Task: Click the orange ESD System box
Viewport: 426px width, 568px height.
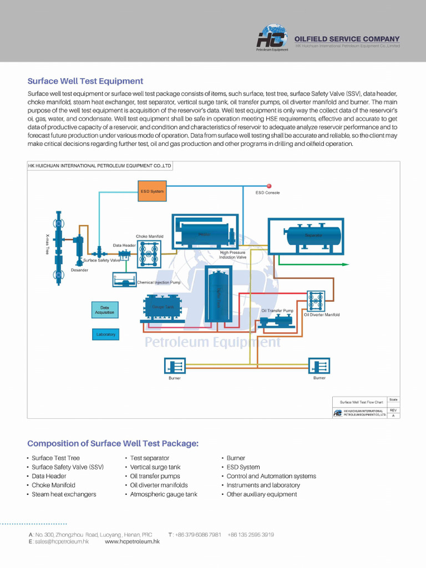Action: [x=152, y=191]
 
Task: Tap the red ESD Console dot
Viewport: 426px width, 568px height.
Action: [x=269, y=186]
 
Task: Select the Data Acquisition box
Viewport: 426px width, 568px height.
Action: [x=105, y=310]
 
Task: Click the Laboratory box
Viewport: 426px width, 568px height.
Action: [x=105, y=334]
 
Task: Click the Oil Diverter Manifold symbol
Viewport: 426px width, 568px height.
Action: [x=316, y=301]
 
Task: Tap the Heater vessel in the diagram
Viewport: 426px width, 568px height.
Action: [x=204, y=231]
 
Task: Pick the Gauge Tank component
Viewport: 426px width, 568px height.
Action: [x=163, y=307]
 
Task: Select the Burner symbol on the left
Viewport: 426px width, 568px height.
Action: [x=175, y=366]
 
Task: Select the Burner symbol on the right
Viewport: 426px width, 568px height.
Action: [x=319, y=366]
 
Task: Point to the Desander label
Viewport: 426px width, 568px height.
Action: [x=79, y=270]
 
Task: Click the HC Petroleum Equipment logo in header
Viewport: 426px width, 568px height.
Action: [x=272, y=39]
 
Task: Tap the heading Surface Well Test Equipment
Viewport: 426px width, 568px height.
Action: [x=85, y=81]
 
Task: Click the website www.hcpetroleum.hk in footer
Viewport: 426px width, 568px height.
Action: [x=132, y=541]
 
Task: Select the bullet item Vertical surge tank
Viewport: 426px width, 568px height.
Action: [x=155, y=467]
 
